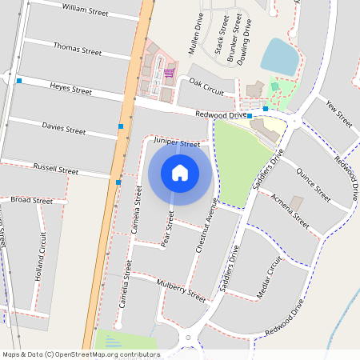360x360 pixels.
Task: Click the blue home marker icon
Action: point(180,172)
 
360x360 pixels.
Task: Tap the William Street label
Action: point(85,10)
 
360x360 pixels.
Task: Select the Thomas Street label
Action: point(77,50)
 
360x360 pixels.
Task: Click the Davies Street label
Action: point(64,129)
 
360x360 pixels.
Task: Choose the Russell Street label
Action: point(56,170)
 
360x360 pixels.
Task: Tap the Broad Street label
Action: point(31,199)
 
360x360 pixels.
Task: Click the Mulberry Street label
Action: point(182,291)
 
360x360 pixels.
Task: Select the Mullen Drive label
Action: point(195,33)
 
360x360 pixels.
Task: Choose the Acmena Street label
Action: point(290,210)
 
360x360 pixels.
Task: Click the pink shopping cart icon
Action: point(169,73)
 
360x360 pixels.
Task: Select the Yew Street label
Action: point(339,113)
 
